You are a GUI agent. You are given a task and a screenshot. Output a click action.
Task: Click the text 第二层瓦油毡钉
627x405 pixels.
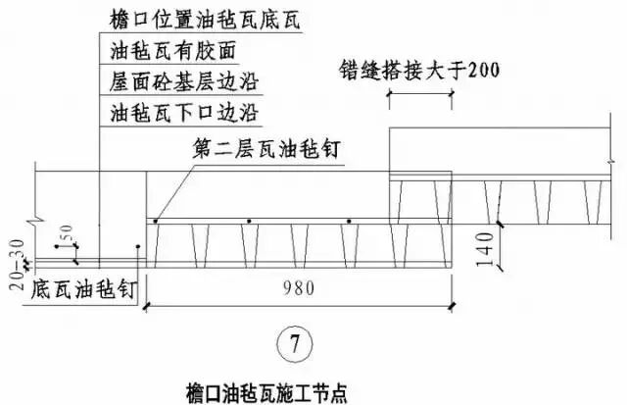[259, 149]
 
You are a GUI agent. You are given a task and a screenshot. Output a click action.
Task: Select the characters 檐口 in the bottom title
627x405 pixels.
[198, 389]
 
